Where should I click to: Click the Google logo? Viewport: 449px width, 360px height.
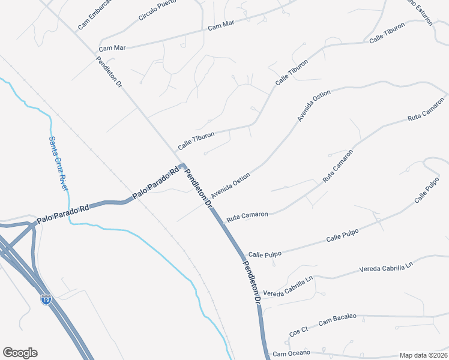click(20, 353)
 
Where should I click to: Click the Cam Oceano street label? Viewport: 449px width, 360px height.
click(292, 353)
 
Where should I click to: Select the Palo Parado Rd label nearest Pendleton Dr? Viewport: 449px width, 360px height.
click(156, 181)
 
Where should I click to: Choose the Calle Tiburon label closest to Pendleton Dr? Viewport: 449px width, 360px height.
click(196, 142)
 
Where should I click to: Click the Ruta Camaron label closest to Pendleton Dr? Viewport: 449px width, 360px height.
click(247, 215)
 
